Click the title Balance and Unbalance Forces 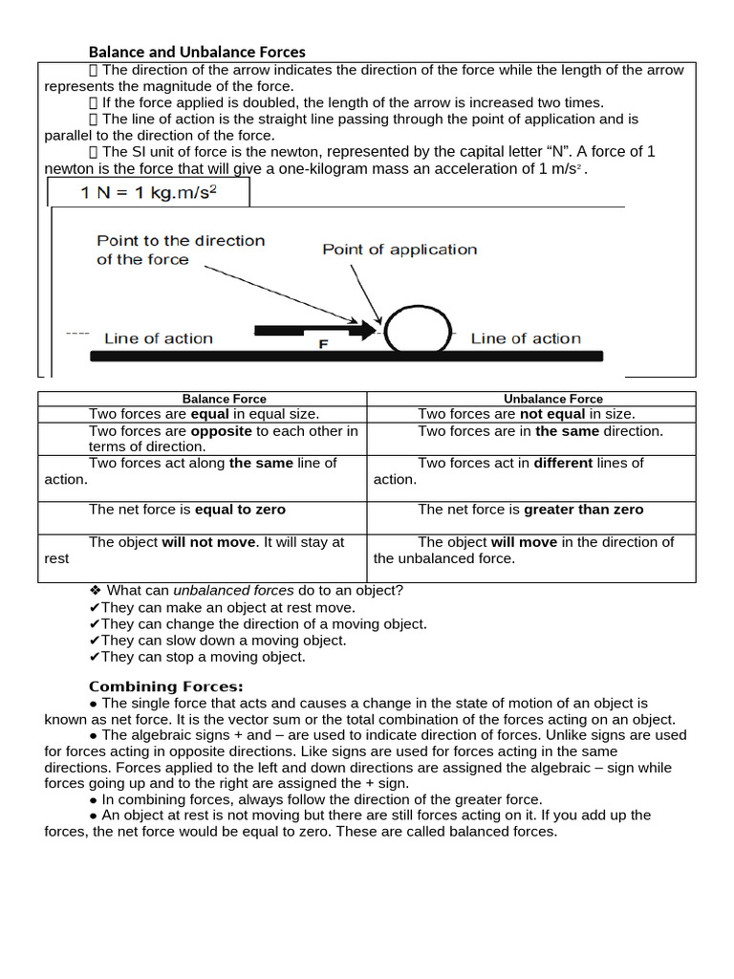coord(197,52)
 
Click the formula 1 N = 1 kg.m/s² coord(149,192)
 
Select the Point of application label coord(399,250)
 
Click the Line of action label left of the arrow coord(158,338)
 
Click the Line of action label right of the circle coord(526,338)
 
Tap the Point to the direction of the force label coord(181,250)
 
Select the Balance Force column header coord(225,399)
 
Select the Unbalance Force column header coord(553,399)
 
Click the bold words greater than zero coord(584,510)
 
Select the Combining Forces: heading coord(166,686)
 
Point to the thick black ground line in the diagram coord(346,356)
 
